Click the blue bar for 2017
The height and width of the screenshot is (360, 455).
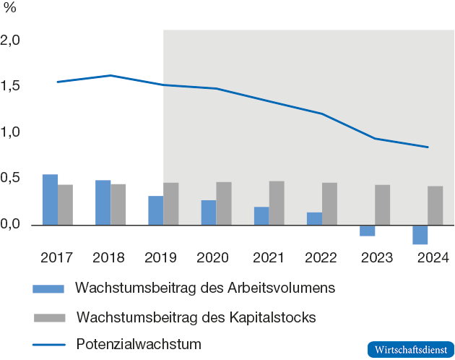50,200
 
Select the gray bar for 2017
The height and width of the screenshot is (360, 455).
65,205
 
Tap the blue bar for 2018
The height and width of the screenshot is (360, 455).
103,202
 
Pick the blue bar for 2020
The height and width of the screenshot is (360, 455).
209,213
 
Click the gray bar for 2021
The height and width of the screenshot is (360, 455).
277,203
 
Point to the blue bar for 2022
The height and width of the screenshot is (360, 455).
314,218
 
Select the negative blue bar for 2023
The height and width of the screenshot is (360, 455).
367,231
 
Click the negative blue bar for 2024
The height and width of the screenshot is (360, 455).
420,235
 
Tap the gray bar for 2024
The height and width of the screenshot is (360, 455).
435,206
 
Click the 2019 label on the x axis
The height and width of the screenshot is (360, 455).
162,258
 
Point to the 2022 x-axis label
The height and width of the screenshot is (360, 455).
321,258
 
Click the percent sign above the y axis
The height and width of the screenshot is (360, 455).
9,9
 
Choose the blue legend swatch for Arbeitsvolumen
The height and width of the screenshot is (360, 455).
48,288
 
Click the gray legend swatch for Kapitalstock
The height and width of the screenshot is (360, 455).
48,317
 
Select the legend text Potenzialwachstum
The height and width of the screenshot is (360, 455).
139,343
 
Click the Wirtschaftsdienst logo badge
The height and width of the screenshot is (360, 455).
410,349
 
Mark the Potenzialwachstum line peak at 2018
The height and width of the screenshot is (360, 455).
110,75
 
